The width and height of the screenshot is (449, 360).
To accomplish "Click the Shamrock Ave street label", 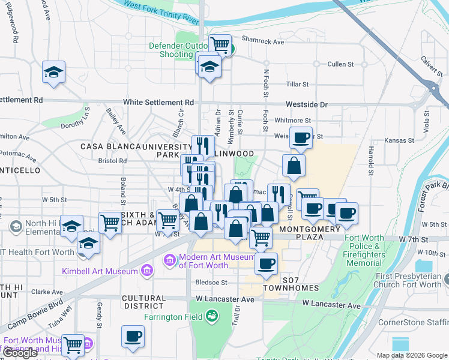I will (x=262, y=42).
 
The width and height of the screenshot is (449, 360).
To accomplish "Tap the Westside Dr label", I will (x=307, y=104).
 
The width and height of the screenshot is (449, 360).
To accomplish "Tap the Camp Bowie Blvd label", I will (x=28, y=320).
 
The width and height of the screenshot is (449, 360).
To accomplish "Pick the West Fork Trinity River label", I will (x=161, y=11).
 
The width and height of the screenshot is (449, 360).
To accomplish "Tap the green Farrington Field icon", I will (x=211, y=314).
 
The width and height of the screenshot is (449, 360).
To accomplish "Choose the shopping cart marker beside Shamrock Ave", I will (x=220, y=44).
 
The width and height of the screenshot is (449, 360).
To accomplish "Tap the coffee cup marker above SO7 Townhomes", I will (x=267, y=262).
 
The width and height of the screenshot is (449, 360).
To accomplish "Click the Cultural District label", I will (x=144, y=302).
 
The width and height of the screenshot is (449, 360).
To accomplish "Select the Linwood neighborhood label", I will (x=244, y=154).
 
